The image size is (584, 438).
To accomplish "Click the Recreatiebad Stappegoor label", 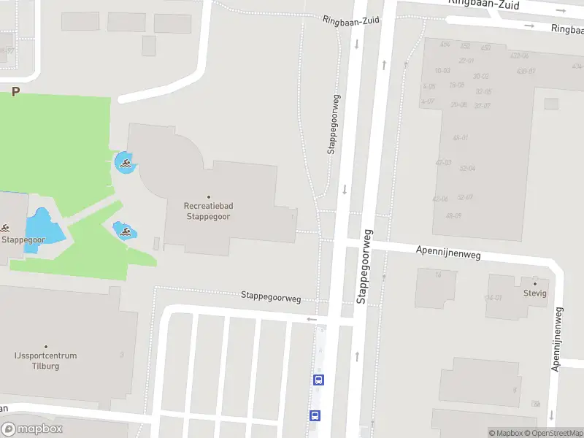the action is [209, 210].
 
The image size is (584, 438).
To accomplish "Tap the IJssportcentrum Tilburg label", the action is [45, 360].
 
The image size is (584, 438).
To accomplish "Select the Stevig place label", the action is [535, 293].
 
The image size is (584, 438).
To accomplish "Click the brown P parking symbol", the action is [15, 92].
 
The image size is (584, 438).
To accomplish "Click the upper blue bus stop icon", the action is [318, 380].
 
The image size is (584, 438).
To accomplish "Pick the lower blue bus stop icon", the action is [315, 415].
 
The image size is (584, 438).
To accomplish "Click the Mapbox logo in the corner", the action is [32, 429].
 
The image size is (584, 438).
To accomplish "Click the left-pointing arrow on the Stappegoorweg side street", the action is [312, 319].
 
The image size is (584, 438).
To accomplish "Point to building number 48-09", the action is [453, 215].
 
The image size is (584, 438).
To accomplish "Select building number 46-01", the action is [460, 137].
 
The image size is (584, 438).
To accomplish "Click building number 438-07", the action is [526, 71].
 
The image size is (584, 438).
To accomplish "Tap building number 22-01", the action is [466, 61].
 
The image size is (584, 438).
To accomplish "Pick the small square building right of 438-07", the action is [551, 104].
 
